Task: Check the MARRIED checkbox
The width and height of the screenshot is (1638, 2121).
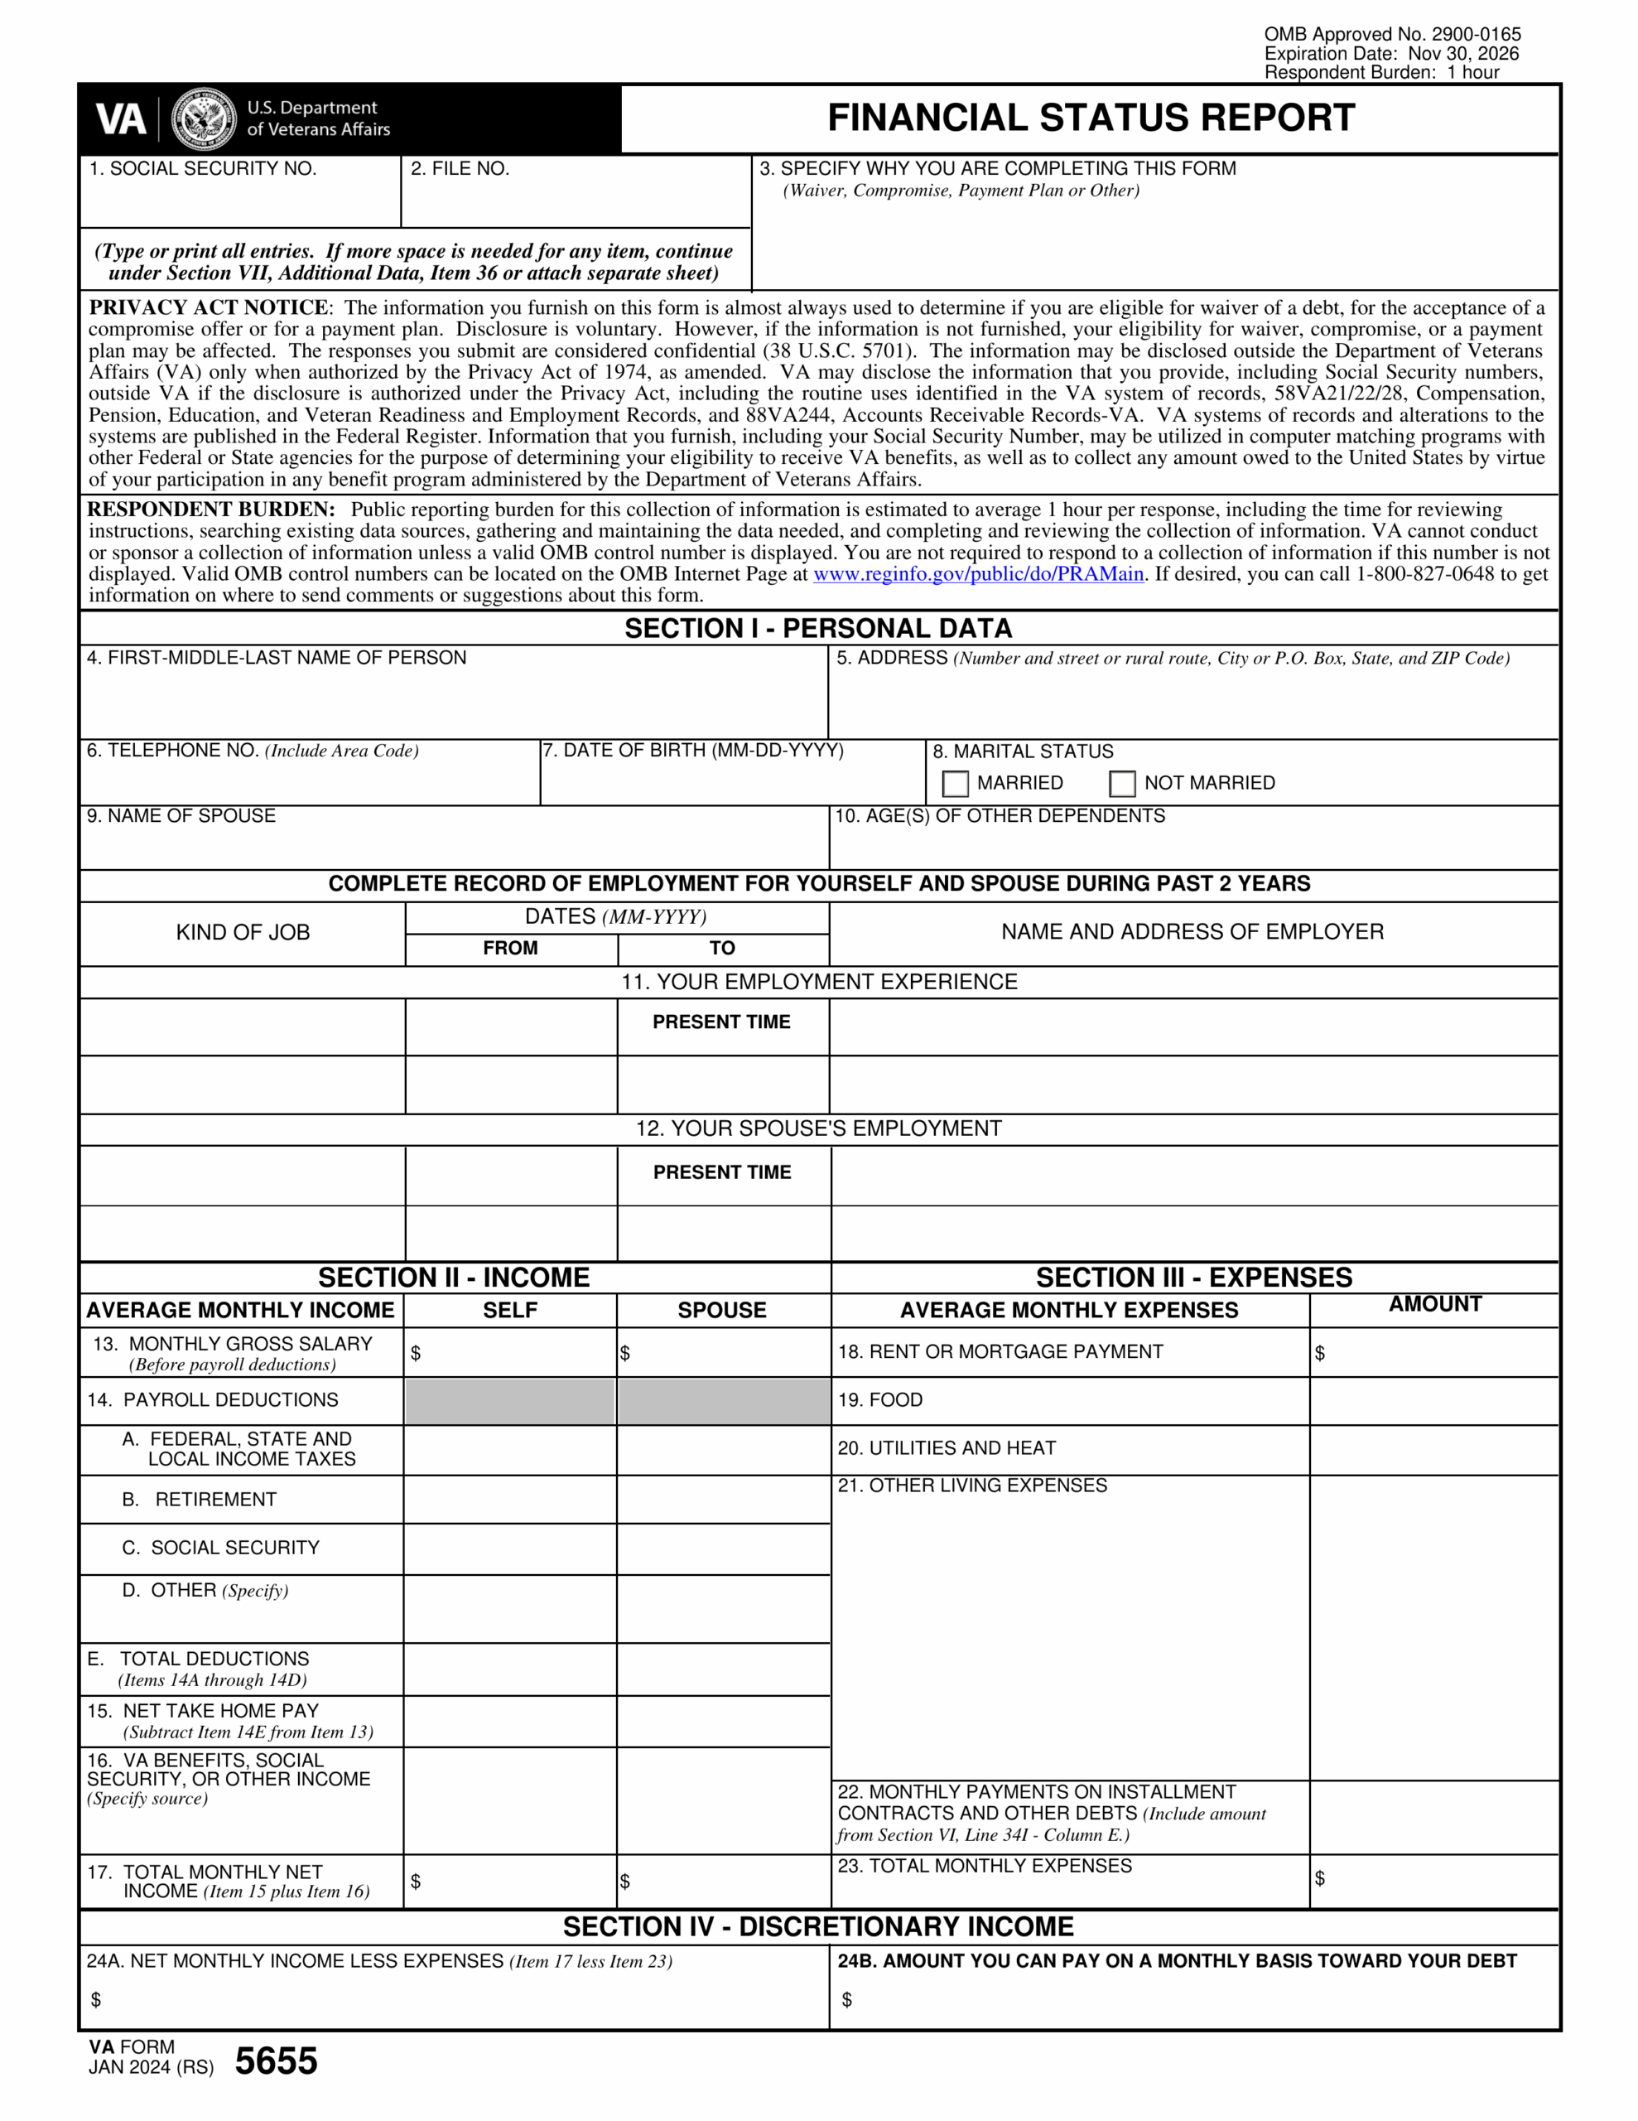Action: tap(956, 783)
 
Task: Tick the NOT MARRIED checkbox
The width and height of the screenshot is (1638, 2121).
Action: tap(1121, 783)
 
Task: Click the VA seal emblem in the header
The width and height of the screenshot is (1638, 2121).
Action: tap(203, 119)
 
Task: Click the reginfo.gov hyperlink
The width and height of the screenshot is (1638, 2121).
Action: tap(978, 574)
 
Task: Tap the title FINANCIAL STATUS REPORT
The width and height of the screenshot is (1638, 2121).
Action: tap(1091, 118)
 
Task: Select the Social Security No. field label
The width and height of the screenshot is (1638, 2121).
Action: tap(203, 168)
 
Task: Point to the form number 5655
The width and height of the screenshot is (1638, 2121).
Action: tap(276, 2061)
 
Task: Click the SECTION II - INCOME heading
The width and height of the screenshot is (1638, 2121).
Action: tap(454, 1277)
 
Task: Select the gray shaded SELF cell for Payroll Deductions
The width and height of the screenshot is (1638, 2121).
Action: tap(510, 1401)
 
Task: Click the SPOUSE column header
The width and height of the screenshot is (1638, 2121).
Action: tap(721, 1310)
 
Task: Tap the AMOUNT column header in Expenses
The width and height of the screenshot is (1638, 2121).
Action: tap(1434, 1304)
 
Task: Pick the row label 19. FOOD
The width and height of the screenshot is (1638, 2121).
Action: tap(879, 1399)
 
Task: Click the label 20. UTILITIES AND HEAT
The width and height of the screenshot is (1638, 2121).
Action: tap(946, 1448)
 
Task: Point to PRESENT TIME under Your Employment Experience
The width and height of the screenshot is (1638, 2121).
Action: tap(721, 1022)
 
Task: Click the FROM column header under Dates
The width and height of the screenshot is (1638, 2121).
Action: tap(510, 948)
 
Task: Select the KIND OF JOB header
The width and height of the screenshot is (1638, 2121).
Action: tap(243, 932)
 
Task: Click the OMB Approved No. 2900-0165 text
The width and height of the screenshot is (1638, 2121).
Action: tap(1391, 34)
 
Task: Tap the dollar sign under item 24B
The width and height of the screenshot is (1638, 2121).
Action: tap(846, 1999)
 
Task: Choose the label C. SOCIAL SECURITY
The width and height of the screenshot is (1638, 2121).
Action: tap(220, 1548)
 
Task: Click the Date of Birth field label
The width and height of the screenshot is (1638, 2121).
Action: tap(693, 751)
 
